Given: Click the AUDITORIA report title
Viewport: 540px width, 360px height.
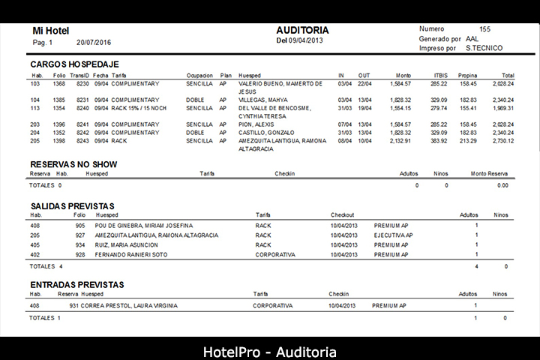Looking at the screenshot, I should coord(302,30).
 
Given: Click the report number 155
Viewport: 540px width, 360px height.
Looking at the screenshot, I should coord(485,28).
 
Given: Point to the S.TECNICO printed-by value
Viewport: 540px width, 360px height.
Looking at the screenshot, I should coord(484,48).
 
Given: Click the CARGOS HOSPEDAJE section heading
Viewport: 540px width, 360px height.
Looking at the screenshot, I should coord(74,64).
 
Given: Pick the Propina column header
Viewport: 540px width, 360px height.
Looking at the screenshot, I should coord(468,76).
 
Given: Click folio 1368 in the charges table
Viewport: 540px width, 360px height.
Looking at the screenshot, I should coord(58,84).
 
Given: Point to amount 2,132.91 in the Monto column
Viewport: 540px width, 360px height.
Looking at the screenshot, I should coord(400,140).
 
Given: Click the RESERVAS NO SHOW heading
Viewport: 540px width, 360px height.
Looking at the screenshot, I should coord(73,164).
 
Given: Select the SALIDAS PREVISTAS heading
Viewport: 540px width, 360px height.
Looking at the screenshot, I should coord(72,205).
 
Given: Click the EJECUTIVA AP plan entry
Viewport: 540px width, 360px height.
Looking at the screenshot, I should coord(393,235).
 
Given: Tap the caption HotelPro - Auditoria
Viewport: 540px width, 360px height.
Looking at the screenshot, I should coord(270,352).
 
